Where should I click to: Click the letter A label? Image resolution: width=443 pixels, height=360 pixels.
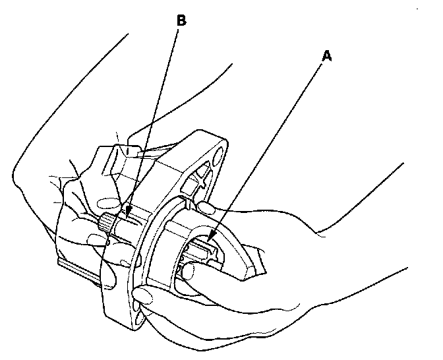325,57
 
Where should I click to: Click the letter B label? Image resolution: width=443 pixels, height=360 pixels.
181,20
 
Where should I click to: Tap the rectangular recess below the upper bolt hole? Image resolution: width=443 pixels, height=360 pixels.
202,177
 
